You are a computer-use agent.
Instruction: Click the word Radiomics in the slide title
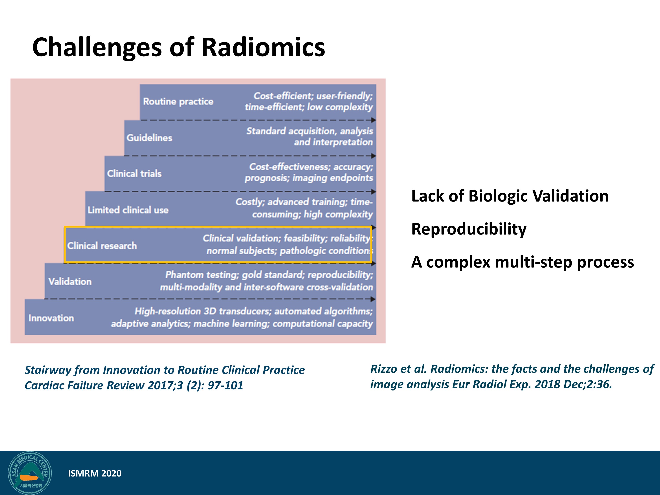coord(263,47)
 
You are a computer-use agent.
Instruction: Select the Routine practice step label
coord(178,101)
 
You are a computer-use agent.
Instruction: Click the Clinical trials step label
coord(134,173)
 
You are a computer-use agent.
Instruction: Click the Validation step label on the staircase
coord(70,281)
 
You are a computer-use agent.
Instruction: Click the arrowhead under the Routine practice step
coord(373,120)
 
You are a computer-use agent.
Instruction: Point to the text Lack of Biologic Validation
coord(510,196)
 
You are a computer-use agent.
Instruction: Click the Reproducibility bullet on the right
coord(469,229)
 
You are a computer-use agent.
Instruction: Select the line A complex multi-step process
coord(522,262)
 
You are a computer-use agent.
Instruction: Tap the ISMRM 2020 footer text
coord(95,473)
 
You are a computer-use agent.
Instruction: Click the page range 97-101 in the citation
coord(225,385)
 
